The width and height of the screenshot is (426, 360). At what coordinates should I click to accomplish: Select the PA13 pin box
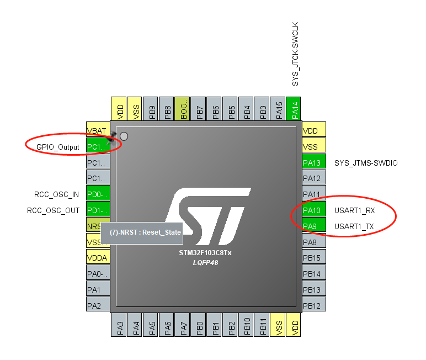point(314,162)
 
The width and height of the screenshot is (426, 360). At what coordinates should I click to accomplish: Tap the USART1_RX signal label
point(355,210)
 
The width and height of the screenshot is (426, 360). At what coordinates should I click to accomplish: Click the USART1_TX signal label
point(354,226)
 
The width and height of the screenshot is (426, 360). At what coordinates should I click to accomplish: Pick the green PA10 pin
point(314,210)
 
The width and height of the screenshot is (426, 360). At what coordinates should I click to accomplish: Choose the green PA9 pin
point(314,226)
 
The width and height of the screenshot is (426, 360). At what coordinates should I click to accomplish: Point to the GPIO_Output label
point(58,147)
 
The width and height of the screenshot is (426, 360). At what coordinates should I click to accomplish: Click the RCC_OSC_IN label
point(56,194)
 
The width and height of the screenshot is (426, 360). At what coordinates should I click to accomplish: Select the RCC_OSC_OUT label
point(54,210)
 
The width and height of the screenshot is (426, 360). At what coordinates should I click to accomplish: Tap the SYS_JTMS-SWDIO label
point(366,163)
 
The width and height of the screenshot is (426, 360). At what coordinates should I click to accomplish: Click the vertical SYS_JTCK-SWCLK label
point(295,54)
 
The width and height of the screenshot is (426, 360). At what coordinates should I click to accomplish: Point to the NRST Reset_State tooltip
point(145,232)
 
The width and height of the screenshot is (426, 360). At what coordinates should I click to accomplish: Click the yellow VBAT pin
point(98,131)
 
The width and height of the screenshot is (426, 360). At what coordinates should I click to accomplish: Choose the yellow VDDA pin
point(98,258)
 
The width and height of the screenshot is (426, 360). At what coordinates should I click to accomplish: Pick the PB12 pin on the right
point(314,305)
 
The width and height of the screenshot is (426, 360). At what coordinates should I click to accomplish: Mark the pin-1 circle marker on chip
point(124,136)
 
